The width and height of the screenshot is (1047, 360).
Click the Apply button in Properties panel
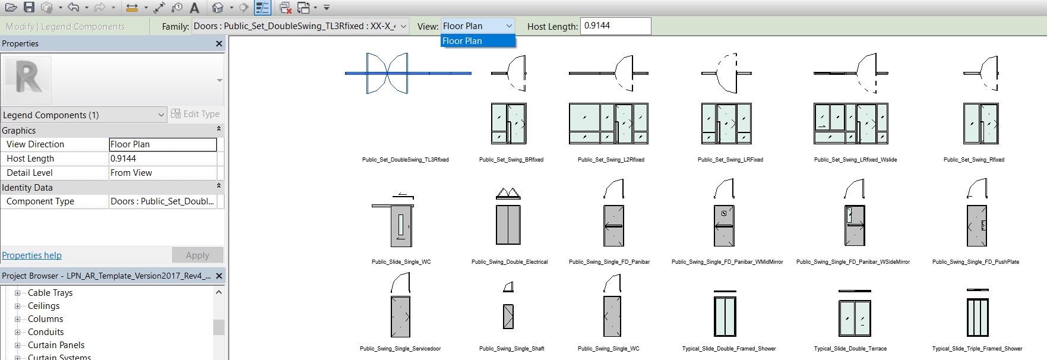(x=197, y=255)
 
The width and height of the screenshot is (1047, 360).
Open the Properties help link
(x=31, y=255)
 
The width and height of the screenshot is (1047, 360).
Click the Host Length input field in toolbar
(x=615, y=26)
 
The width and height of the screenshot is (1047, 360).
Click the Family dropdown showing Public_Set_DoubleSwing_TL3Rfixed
(x=300, y=26)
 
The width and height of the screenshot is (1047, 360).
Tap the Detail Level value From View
(x=162, y=173)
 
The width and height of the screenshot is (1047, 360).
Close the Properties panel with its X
(x=219, y=43)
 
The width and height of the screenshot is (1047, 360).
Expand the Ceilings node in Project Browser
(x=18, y=306)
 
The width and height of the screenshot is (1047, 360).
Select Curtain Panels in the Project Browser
(x=56, y=345)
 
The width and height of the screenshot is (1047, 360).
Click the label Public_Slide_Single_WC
(x=401, y=262)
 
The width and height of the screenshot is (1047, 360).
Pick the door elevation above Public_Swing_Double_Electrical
(x=508, y=225)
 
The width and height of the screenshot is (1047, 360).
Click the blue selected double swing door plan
(x=387, y=73)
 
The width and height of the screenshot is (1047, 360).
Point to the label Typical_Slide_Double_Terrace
(x=850, y=349)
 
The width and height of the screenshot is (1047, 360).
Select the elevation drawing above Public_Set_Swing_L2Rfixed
(x=608, y=124)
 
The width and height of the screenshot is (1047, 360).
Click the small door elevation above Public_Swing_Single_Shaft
(x=508, y=316)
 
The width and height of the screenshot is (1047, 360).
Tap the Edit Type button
(x=195, y=114)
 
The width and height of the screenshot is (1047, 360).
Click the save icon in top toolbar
(x=29, y=8)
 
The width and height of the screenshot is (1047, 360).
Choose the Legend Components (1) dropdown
(x=84, y=115)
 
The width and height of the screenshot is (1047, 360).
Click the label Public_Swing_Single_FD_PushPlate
(x=975, y=262)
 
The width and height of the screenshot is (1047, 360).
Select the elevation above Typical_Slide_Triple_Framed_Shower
(x=977, y=317)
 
